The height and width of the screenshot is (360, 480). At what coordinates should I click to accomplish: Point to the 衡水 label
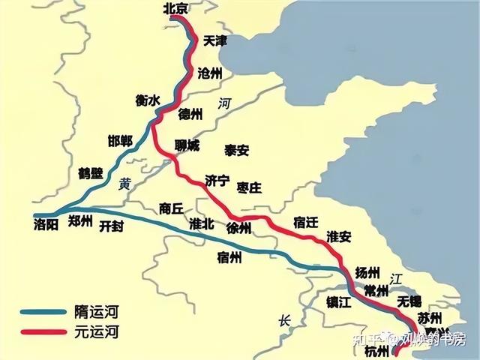pos(148,100)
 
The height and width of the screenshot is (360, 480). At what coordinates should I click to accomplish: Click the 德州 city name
pos(190,114)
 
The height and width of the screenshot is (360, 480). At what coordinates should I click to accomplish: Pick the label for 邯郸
pos(120,142)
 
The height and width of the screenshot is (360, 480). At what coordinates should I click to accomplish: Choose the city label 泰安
pos(236,150)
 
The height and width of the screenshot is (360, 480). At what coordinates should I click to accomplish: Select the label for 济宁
pos(217,180)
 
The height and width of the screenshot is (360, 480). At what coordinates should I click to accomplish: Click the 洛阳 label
pos(46,223)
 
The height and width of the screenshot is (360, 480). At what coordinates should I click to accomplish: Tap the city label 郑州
pos(79,220)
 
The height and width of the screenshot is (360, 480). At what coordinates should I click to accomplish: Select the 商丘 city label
pos(171,208)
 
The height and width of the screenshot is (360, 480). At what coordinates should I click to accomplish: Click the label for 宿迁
pos(307,220)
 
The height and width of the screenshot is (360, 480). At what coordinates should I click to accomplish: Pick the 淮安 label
pos(339,236)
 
